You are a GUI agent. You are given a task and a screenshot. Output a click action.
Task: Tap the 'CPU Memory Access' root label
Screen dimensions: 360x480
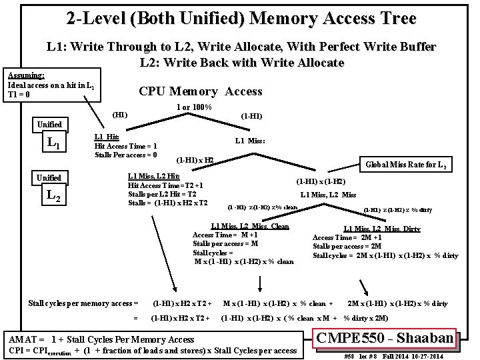[200, 91]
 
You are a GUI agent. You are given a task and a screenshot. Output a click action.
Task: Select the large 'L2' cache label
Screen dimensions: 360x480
[53, 196]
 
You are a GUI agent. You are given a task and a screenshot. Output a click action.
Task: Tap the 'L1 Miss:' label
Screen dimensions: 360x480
[250, 141]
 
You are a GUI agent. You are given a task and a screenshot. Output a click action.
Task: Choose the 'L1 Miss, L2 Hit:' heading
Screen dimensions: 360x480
[153, 176]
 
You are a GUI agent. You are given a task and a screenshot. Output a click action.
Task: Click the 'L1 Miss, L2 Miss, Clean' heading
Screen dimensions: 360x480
[249, 226]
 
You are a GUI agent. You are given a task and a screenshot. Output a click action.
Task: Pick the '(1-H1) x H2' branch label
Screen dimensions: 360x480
[195, 161]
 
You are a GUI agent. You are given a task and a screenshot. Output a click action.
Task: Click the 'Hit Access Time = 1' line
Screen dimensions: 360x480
[126, 146]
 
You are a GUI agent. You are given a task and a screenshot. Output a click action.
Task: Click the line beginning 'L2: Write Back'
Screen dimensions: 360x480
[241, 63]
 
